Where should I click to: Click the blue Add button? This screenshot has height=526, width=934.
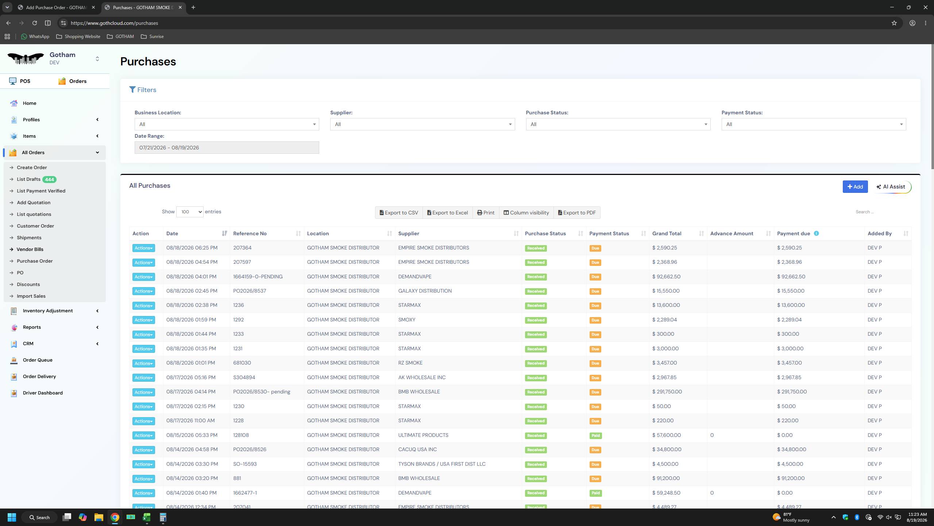(855, 187)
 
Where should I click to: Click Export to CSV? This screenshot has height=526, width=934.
(399, 213)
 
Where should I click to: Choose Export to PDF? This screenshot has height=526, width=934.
(577, 213)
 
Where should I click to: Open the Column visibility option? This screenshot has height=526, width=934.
(526, 213)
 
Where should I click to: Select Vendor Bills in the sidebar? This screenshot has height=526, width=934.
(30, 249)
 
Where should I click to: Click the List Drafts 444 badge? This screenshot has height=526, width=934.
(49, 179)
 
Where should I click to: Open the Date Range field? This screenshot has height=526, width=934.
(227, 148)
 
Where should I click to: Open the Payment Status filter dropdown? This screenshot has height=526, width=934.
(813, 124)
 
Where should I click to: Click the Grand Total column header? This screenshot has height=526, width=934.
(667, 233)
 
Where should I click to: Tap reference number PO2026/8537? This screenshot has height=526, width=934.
(250, 291)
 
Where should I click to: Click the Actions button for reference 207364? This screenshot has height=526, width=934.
(143, 248)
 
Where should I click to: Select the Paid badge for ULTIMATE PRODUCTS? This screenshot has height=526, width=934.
(595, 435)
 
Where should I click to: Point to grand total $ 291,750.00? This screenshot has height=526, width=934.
(667, 392)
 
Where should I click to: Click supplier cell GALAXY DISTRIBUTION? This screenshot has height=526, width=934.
(425, 291)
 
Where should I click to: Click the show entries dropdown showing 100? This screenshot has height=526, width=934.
(190, 212)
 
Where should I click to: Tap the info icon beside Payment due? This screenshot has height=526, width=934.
(816, 233)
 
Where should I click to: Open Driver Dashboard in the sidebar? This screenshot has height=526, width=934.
(43, 393)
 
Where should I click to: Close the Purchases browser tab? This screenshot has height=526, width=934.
(180, 7)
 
